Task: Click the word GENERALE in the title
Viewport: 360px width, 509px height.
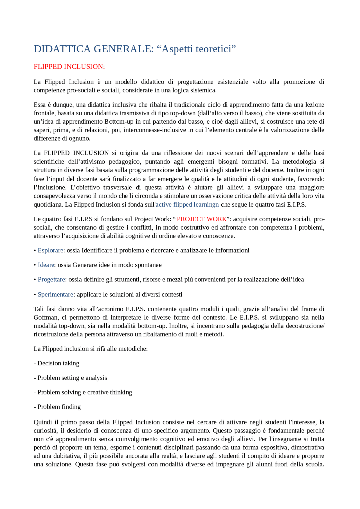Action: tap(123, 49)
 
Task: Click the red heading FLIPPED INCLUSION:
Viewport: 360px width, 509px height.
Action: tap(69, 67)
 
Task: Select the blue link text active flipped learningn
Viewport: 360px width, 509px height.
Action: tap(187, 205)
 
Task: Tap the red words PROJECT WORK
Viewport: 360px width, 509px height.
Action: tap(201, 219)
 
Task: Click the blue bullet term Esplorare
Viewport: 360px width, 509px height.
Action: tap(50, 250)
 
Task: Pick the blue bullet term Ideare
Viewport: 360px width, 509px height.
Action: tap(46, 265)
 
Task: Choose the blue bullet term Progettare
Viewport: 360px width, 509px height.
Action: tap(51, 279)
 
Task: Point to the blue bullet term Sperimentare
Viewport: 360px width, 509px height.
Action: tap(55, 295)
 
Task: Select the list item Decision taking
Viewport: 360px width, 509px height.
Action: tap(58, 363)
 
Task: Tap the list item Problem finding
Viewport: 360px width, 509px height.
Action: tap(59, 407)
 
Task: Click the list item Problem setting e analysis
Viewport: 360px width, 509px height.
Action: tap(72, 378)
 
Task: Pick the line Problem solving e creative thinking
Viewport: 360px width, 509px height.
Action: tap(85, 392)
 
